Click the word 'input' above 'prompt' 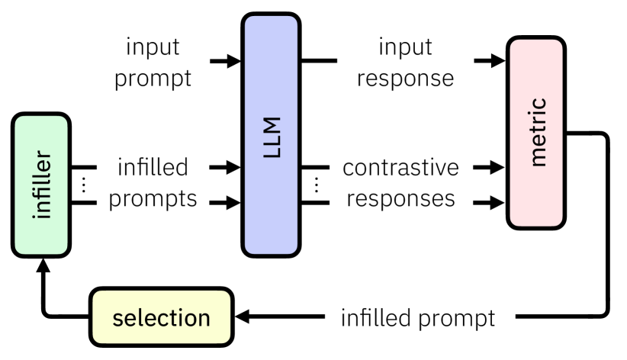[153, 47]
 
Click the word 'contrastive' [401, 166]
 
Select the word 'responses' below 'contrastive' [401, 199]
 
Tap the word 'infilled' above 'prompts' [153, 166]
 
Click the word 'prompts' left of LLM [153, 199]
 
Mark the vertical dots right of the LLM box [317, 184]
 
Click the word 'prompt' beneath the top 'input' [153, 79]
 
